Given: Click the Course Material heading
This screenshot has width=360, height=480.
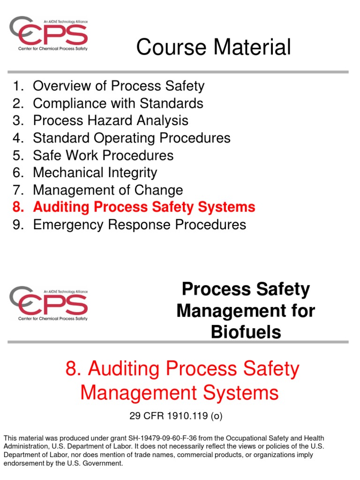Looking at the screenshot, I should coord(213,47).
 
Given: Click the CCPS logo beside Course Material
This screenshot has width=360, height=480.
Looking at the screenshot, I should coord(49,34).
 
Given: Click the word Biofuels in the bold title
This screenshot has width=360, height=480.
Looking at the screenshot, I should coord(246,332).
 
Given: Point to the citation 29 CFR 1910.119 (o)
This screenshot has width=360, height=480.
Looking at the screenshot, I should coord(180,415).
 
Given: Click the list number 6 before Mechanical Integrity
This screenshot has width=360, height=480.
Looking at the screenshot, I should coord(18,172).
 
